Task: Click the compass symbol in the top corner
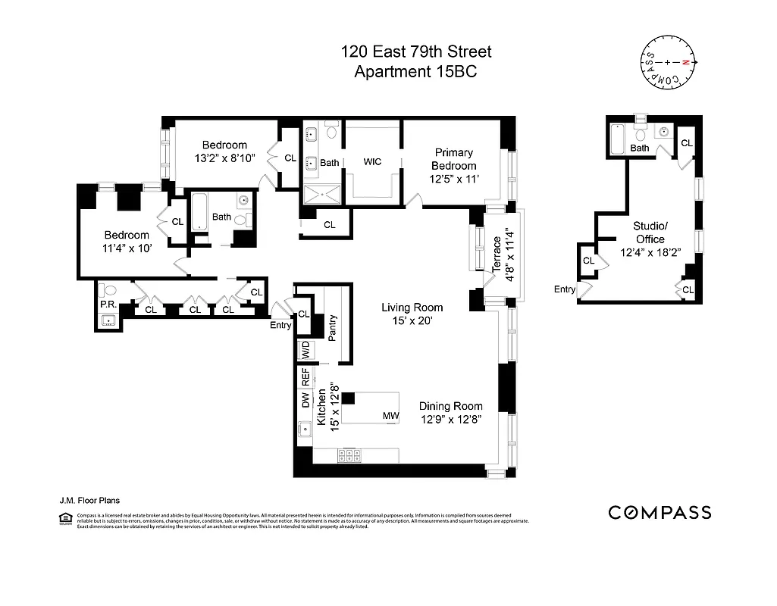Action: click(667, 62)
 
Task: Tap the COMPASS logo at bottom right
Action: click(660, 513)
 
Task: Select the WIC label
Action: click(372, 161)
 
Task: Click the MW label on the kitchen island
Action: click(390, 416)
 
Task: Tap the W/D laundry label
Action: click(305, 351)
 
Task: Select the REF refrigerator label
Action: click(305, 376)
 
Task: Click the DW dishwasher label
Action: click(305, 400)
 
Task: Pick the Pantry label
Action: click(332, 328)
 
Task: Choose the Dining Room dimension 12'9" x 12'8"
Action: click(451, 418)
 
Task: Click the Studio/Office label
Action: click(650, 233)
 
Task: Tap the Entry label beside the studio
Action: click(564, 289)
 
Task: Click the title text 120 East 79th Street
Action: click(415, 52)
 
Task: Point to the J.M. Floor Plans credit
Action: click(89, 500)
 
